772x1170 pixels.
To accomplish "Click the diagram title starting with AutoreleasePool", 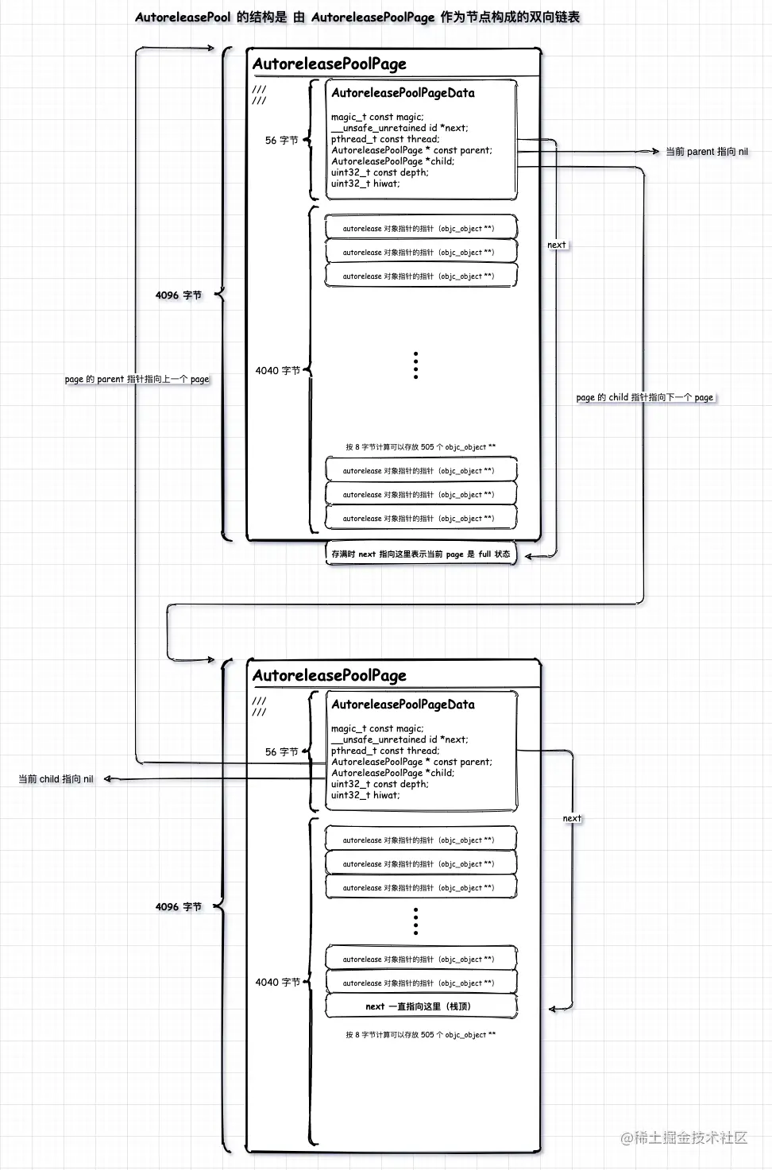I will pyautogui.click(x=357, y=17).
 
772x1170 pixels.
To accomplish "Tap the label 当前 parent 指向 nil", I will pyautogui.click(x=706, y=152).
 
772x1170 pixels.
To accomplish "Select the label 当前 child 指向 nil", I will pyautogui.click(x=56, y=779).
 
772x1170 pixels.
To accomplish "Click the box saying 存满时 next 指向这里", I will pyautogui.click(x=420, y=554).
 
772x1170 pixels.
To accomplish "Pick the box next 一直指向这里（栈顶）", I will pyautogui.click(x=420, y=1006).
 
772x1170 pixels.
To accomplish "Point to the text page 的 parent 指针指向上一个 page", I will pyautogui.click(x=137, y=379).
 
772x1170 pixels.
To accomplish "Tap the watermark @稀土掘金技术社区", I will pyautogui.click(x=684, y=1137).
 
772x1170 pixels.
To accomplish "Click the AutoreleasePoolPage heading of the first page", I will pyautogui.click(x=329, y=64).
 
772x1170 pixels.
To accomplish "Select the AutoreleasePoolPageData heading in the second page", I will pyautogui.click(x=403, y=705).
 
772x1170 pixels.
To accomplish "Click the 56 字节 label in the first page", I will pyautogui.click(x=281, y=141).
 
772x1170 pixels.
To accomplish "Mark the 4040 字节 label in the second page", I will pyautogui.click(x=277, y=983).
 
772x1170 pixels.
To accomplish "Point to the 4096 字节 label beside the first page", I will pyautogui.click(x=178, y=295).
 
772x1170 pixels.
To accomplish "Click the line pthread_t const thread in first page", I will pyautogui.click(x=384, y=139).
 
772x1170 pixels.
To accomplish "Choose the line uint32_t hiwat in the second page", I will pyautogui.click(x=365, y=795).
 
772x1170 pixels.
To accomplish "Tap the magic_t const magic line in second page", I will pyautogui.click(x=377, y=728).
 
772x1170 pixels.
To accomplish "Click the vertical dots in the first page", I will pyautogui.click(x=415, y=365).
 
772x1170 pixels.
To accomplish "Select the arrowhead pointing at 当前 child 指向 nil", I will pyautogui.click(x=108, y=779).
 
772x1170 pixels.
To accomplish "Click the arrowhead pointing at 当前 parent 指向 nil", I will pyautogui.click(x=655, y=151).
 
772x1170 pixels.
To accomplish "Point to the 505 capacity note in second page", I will pyautogui.click(x=420, y=1035).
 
